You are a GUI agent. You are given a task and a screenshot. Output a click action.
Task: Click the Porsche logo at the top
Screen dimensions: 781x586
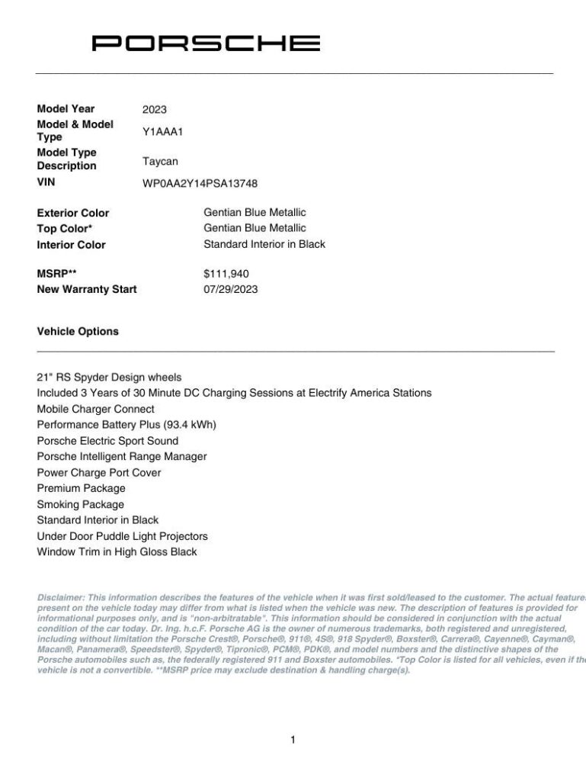[x=206, y=43]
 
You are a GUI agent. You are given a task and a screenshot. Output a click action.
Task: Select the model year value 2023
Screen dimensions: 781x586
[x=154, y=109]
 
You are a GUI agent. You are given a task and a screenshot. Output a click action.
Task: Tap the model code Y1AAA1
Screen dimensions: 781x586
[x=163, y=131]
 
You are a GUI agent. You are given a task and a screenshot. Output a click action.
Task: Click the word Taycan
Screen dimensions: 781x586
[x=160, y=161]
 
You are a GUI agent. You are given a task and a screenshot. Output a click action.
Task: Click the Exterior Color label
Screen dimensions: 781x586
[x=73, y=213]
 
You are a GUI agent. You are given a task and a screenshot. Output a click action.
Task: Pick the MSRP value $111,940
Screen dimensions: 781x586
[x=226, y=274]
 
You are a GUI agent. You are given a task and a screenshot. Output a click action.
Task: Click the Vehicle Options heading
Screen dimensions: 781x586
[x=78, y=332]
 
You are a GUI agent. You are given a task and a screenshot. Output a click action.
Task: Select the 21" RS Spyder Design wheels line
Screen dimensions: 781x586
[x=109, y=377]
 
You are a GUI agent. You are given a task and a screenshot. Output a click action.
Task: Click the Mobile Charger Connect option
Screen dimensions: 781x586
[x=95, y=409]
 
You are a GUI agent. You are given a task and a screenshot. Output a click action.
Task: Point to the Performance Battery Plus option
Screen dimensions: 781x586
[x=126, y=425]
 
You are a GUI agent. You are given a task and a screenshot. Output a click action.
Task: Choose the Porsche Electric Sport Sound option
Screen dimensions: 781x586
[x=107, y=441]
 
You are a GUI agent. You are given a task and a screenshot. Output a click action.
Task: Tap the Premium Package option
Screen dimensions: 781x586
[x=81, y=488]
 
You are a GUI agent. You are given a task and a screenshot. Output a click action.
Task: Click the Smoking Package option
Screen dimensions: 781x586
[x=80, y=504]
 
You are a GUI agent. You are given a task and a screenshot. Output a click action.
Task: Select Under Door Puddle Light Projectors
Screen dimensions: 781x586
[x=122, y=536]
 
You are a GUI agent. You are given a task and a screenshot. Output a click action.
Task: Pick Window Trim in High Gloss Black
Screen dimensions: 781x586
[x=117, y=551]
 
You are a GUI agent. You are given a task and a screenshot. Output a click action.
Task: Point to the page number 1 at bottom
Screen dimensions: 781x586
[x=293, y=739]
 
